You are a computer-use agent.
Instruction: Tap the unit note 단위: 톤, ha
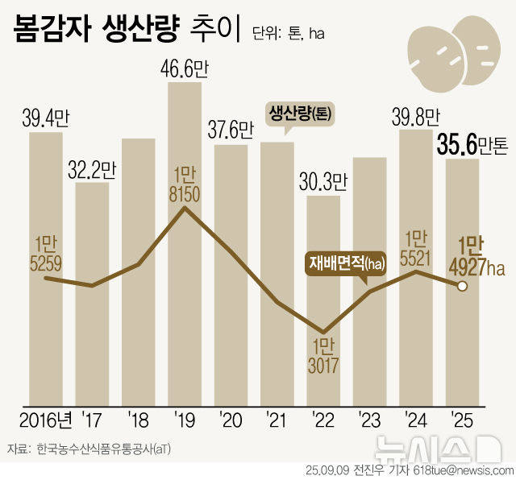288,34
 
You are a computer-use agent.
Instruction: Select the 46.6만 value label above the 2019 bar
185,68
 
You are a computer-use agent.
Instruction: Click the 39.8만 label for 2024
416,118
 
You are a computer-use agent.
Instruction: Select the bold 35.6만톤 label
472,145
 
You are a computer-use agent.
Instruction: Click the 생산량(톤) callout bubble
299,113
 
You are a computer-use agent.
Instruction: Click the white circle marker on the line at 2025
463,286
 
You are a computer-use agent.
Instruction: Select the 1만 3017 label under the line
323,356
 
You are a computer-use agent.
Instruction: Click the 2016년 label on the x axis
46,420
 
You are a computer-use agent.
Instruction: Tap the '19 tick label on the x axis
185,420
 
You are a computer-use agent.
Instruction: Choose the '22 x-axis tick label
323,420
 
